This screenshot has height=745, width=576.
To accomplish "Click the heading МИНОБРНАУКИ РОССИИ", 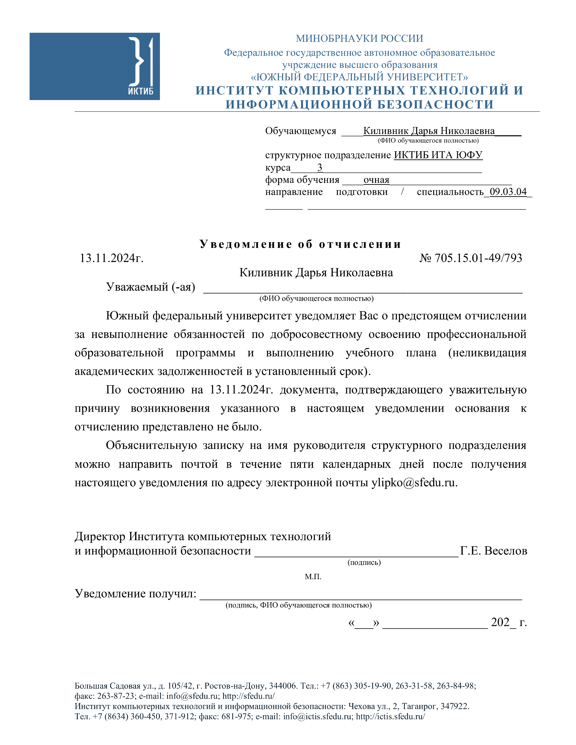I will [359, 39].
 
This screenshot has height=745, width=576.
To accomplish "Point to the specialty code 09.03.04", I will [508, 192].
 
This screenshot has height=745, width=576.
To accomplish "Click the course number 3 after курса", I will [319, 168].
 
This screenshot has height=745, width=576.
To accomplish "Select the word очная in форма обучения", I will [376, 180].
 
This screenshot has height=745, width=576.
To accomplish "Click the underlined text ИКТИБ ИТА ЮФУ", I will [438, 155].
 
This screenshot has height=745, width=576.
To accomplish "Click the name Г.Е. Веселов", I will [493, 551].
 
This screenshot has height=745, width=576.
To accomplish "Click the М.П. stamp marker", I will [313, 577].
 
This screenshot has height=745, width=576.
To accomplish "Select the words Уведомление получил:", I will [136, 593].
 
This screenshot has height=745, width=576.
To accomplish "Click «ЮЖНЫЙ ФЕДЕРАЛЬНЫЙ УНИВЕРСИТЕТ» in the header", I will [359, 77].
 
